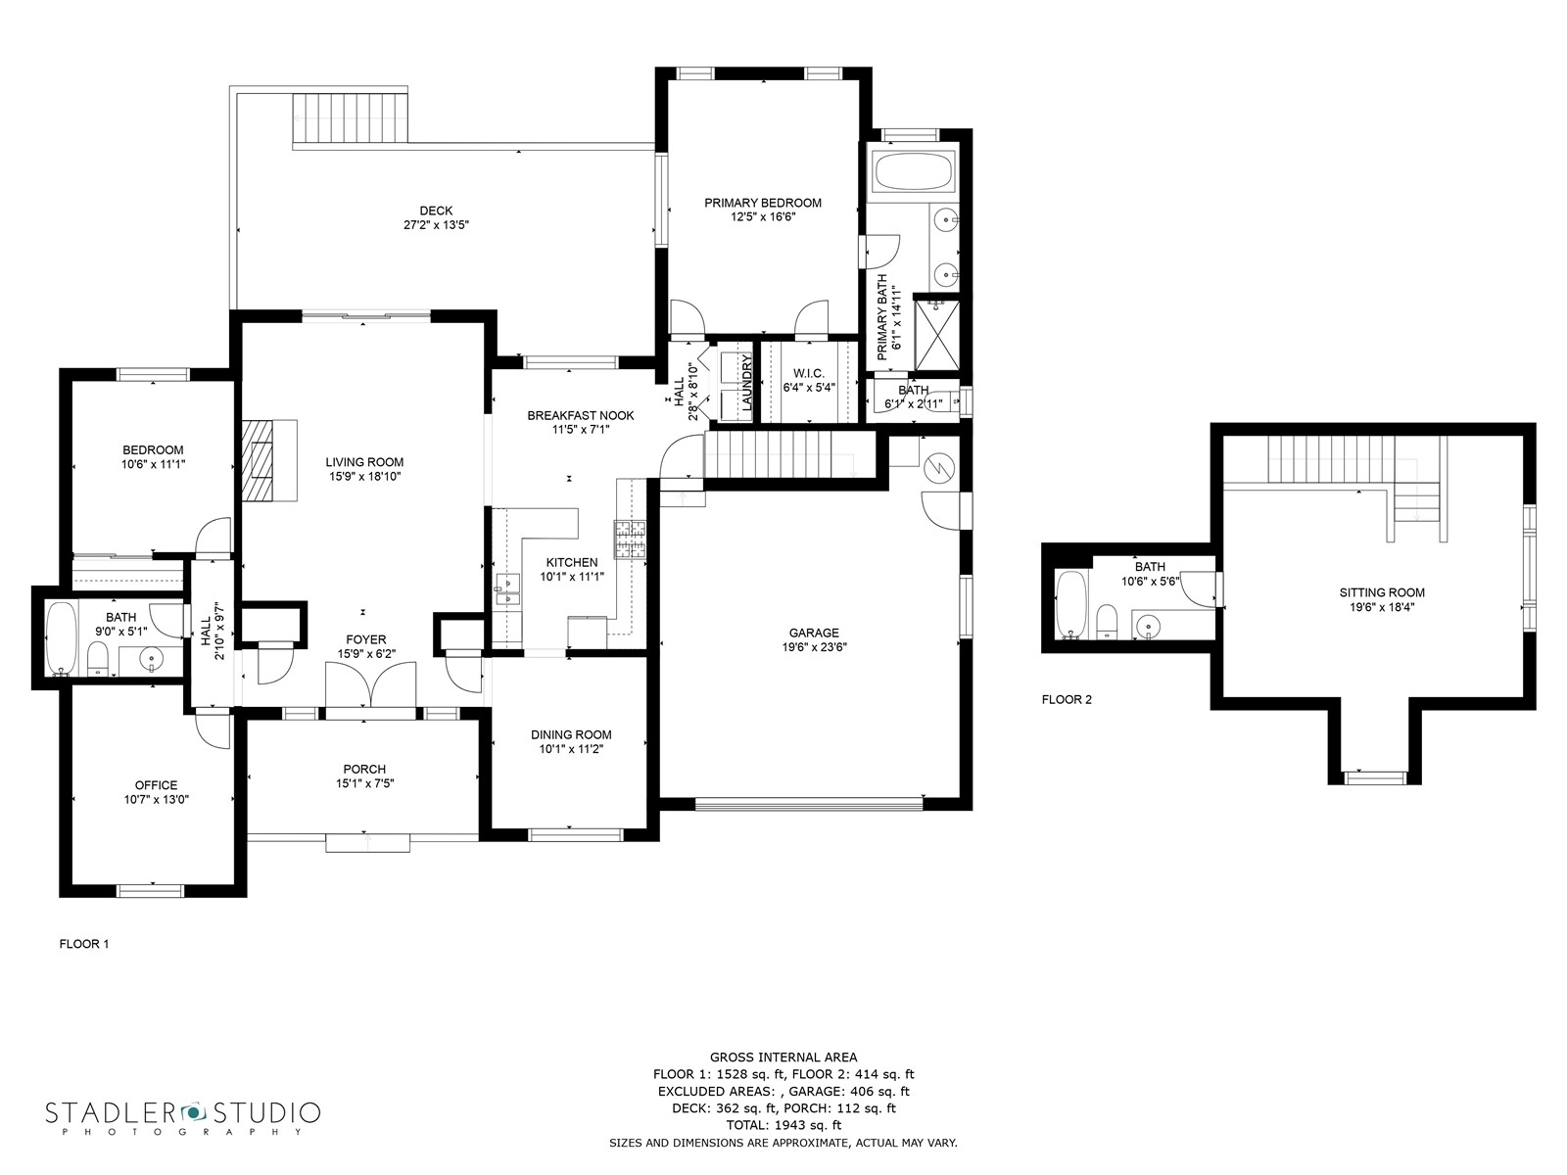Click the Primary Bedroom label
762,203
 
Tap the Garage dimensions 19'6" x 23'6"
814,647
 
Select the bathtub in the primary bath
913,172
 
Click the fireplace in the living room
269,461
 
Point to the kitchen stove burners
630,539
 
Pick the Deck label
436,211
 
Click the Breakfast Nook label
581,415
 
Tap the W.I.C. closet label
808,373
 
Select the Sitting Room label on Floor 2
1381,592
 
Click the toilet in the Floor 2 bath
1107,621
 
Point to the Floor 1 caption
83,944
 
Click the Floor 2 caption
1067,699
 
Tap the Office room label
156,784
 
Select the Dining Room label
571,734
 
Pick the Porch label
364,769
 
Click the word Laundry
747,383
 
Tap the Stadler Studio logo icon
193,1110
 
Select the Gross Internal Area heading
783,1057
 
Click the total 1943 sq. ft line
783,1125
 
